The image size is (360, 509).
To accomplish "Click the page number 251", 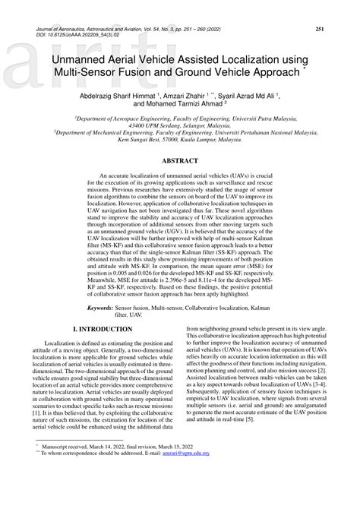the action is [x=321, y=29].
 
